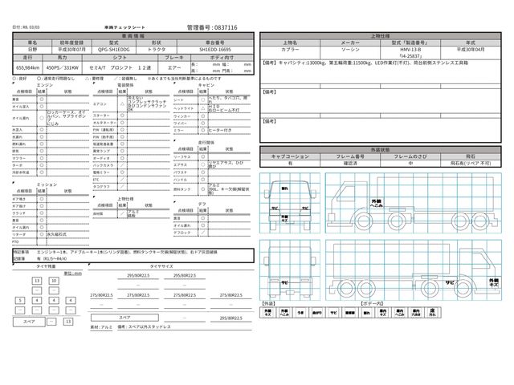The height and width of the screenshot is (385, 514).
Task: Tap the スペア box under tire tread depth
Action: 28,321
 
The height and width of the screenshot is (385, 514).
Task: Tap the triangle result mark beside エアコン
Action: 122,103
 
